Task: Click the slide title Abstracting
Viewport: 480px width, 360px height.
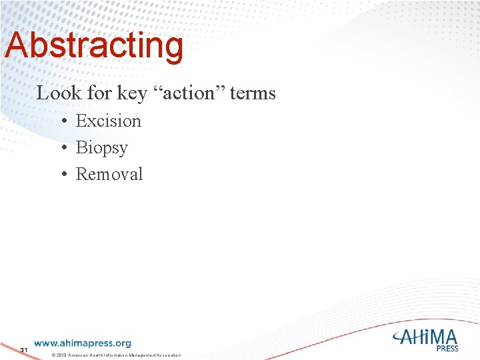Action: pyautogui.click(x=93, y=46)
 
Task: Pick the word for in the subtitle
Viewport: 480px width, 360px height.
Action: pyautogui.click(x=100, y=93)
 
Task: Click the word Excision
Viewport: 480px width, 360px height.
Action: pyautogui.click(x=108, y=121)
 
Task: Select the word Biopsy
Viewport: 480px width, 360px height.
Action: pyautogui.click(x=101, y=148)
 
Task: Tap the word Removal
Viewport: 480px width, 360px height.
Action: pyautogui.click(x=109, y=174)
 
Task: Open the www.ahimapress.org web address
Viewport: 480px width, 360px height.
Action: pyautogui.click(x=83, y=343)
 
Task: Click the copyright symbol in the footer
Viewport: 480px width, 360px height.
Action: pyautogui.click(x=53, y=355)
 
